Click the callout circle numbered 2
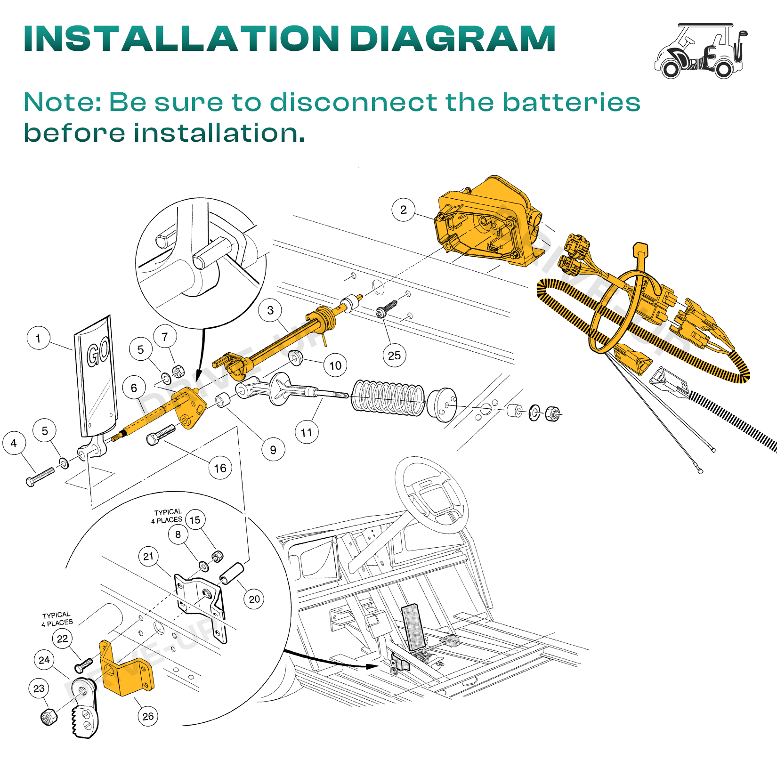[403, 210]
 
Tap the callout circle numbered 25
[395, 356]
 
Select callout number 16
[220, 468]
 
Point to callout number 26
[148, 716]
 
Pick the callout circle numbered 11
[307, 432]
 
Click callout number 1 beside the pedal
[39, 338]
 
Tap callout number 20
[254, 599]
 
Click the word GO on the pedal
[98, 352]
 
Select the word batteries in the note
[571, 102]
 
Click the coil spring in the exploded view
[388, 398]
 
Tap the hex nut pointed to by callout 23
[49, 716]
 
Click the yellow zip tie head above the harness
[640, 250]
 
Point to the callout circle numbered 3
[270, 310]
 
